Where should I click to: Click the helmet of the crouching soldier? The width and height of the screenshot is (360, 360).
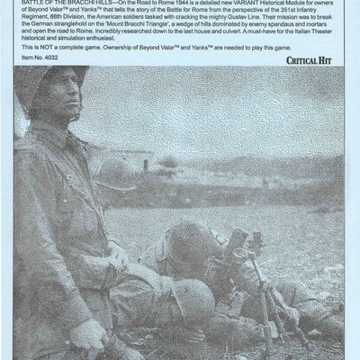188,298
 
